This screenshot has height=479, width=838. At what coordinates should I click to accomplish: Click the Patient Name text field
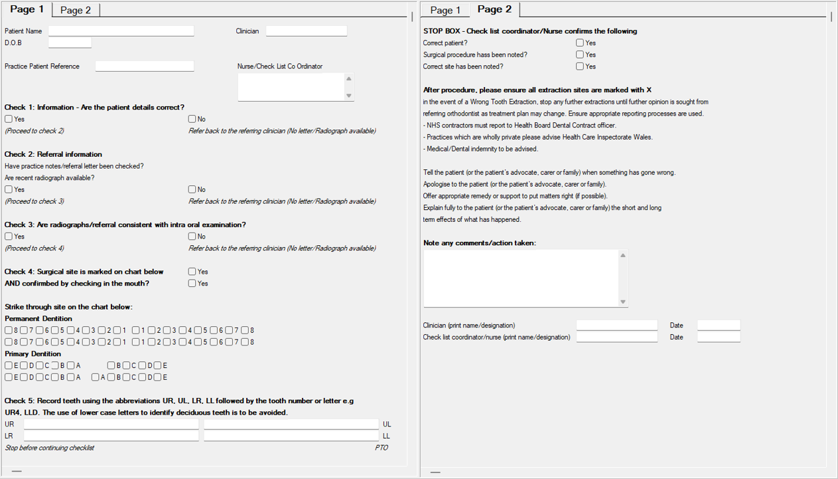coord(121,31)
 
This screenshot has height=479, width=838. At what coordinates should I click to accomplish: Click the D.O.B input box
coord(70,43)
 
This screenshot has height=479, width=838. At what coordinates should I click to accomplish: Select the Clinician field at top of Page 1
coord(306,31)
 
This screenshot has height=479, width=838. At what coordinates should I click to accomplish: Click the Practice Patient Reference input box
coord(144,66)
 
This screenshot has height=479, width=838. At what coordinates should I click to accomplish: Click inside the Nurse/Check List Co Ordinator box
coord(291,87)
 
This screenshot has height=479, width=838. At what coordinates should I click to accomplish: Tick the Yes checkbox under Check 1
coord(9,119)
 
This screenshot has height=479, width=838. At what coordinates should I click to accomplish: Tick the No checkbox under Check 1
coord(192,119)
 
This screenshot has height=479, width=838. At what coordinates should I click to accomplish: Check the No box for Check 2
coord(192,189)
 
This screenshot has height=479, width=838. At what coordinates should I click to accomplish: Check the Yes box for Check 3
coord(9,237)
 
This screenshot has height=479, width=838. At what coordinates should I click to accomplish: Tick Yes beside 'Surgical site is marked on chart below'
coord(192,272)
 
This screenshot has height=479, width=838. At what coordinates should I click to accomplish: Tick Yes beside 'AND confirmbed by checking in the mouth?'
coord(192,284)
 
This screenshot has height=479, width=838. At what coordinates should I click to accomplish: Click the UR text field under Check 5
coord(111,424)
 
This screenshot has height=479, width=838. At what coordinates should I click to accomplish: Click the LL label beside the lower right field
coord(386,436)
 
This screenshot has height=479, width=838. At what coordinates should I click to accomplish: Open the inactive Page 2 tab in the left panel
coord(76,10)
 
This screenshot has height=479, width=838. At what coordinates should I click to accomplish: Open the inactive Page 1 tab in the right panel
coord(445,10)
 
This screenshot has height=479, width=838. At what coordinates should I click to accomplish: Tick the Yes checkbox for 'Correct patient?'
coord(580,43)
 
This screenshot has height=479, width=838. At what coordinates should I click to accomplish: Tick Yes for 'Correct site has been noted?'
coord(580,66)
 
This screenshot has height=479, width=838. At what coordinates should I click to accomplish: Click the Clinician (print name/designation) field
coord(616,326)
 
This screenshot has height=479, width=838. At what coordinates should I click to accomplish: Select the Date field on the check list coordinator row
coord(718,337)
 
